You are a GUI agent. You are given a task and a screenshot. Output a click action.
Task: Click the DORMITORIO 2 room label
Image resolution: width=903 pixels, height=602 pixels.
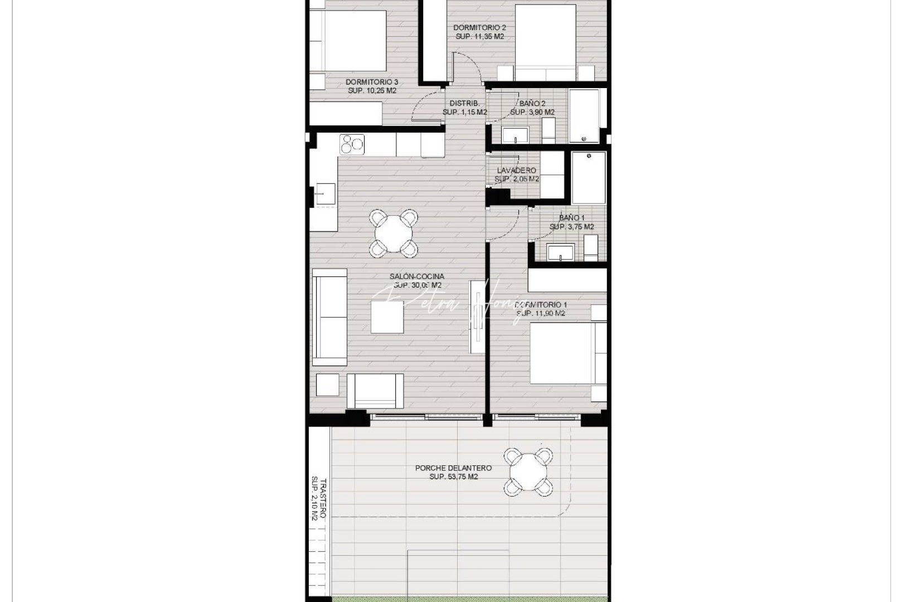[x=479, y=27]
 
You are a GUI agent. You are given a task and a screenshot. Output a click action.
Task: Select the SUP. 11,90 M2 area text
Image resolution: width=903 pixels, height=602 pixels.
[x=541, y=314]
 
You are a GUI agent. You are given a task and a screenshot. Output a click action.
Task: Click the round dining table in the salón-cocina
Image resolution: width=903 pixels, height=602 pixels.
[x=394, y=233]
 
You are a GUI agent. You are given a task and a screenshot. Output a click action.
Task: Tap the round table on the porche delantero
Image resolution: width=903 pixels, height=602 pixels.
[x=528, y=472]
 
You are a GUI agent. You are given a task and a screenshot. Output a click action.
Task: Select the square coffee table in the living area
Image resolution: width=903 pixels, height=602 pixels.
[x=387, y=317]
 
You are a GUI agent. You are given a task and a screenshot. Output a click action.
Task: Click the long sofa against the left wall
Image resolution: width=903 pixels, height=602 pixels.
[x=329, y=317]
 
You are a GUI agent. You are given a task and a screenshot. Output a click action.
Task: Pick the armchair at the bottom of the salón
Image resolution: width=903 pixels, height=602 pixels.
[x=375, y=390]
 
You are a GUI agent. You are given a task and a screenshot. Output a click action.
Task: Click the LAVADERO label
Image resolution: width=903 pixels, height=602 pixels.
[x=517, y=171]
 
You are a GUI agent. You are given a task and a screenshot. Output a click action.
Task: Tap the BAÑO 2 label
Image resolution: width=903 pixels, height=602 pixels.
[x=532, y=103]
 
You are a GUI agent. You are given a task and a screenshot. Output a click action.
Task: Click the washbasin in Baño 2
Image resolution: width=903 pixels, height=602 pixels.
[x=516, y=135]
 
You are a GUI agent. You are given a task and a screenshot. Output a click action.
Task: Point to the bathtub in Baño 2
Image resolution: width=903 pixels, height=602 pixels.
[x=584, y=115]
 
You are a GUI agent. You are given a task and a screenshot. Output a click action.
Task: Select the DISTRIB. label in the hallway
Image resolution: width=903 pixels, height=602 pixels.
[x=464, y=103]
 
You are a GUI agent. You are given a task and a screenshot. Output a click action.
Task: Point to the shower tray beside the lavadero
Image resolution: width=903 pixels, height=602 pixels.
[x=589, y=177]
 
